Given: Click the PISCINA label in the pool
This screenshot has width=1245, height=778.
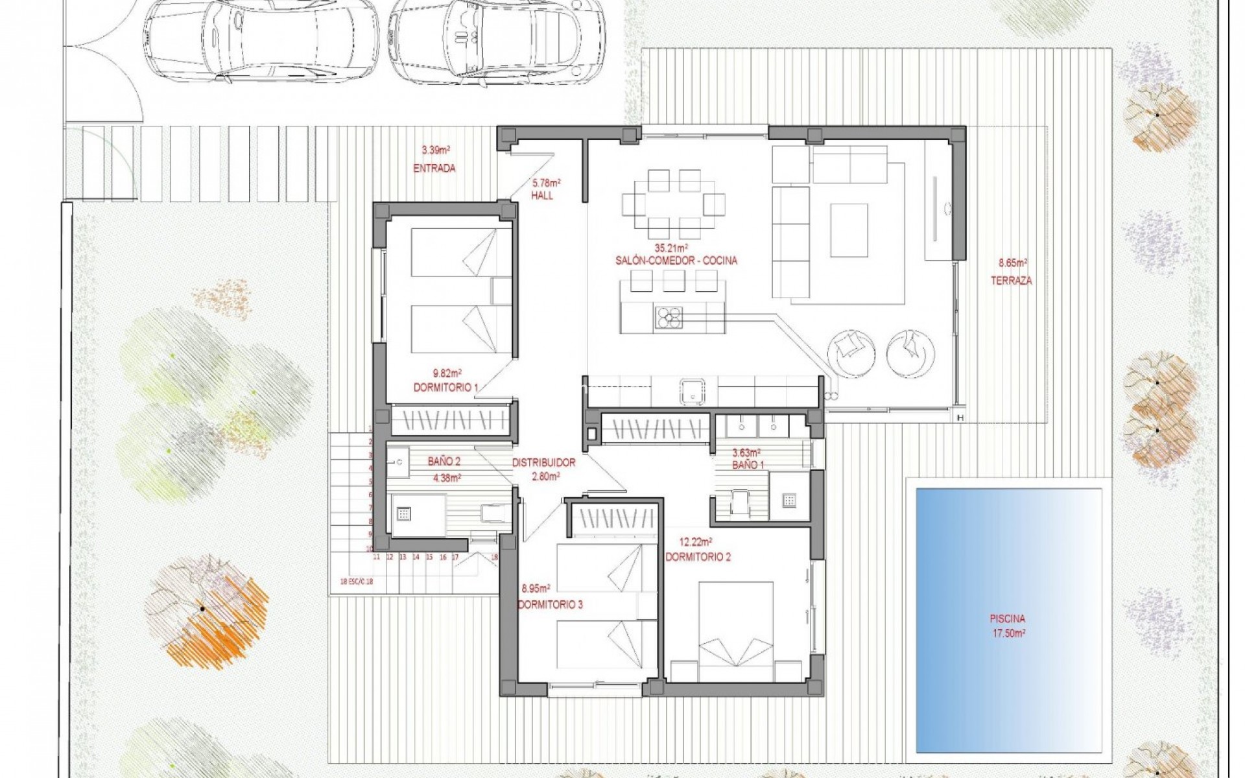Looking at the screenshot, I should pyautogui.click(x=1007, y=619).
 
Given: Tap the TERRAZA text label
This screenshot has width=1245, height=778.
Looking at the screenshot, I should pyautogui.click(x=1011, y=281).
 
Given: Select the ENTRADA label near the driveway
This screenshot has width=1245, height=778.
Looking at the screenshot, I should pyautogui.click(x=434, y=169).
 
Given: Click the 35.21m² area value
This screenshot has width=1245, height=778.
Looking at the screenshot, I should pyautogui.click(x=671, y=248).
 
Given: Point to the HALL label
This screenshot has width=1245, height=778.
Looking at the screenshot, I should pyautogui.click(x=542, y=196).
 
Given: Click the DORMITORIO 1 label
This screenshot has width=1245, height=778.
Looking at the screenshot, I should pyautogui.click(x=445, y=388).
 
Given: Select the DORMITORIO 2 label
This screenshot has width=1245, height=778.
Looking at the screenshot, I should pyautogui.click(x=698, y=557).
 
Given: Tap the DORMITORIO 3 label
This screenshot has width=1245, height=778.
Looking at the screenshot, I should pyautogui.click(x=550, y=605).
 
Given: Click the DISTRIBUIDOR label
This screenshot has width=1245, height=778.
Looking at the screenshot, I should pyautogui.click(x=543, y=463).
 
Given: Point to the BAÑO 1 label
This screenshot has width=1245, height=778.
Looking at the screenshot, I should pyautogui.click(x=748, y=465).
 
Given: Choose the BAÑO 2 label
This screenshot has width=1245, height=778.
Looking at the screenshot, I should pyautogui.click(x=444, y=462).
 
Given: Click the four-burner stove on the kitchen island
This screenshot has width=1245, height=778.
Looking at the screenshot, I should pyautogui.click(x=669, y=318).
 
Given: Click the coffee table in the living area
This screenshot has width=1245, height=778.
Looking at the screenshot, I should pyautogui.click(x=849, y=231).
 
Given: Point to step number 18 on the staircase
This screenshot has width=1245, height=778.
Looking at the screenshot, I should pyautogui.click(x=495, y=556).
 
